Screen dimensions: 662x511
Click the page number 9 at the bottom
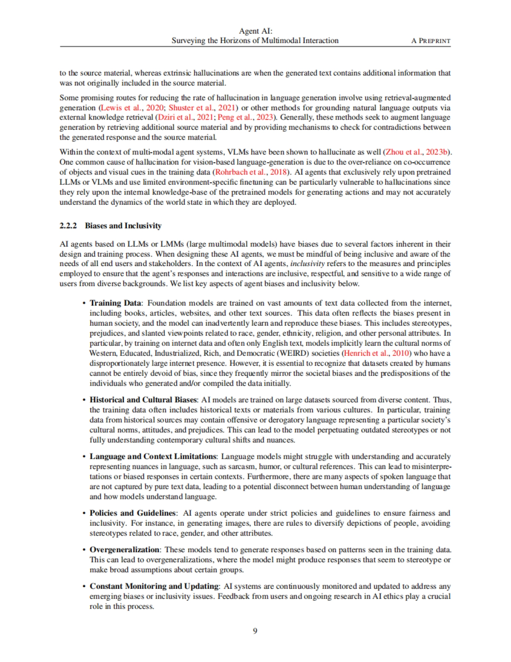[x=255, y=630]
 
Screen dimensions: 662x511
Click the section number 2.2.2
[x=68, y=226]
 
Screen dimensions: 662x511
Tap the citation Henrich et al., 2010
[x=376, y=353]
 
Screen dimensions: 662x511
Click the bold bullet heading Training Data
[x=115, y=303]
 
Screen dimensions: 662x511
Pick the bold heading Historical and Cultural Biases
[x=143, y=400]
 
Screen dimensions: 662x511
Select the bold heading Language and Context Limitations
[x=153, y=456]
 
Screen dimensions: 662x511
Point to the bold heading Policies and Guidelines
[x=132, y=513]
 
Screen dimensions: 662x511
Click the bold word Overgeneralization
[x=124, y=550]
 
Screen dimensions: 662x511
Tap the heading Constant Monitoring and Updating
[x=154, y=586]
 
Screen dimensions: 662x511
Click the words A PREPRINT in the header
[x=431, y=41]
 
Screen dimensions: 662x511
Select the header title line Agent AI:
[x=255, y=31]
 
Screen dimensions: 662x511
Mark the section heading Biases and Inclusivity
[x=123, y=226]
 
